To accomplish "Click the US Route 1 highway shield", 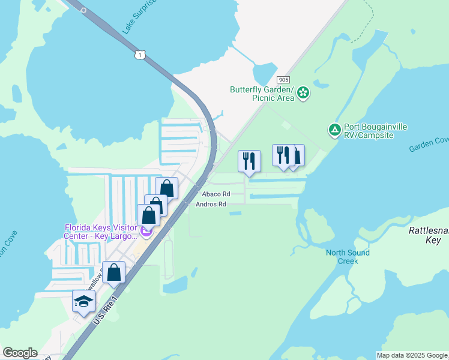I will (140, 55).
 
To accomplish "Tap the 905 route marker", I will (284, 80).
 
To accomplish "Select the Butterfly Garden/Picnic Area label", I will (262, 94).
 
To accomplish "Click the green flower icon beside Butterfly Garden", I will (304, 92).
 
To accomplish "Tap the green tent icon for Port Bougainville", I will (334, 129).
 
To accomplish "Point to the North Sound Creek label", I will (348, 257).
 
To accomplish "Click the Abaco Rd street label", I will (216, 194).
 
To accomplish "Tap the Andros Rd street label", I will (211, 204).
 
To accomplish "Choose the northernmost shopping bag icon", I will (167, 188).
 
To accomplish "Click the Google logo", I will (20, 353).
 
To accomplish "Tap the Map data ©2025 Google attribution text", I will (412, 355).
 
